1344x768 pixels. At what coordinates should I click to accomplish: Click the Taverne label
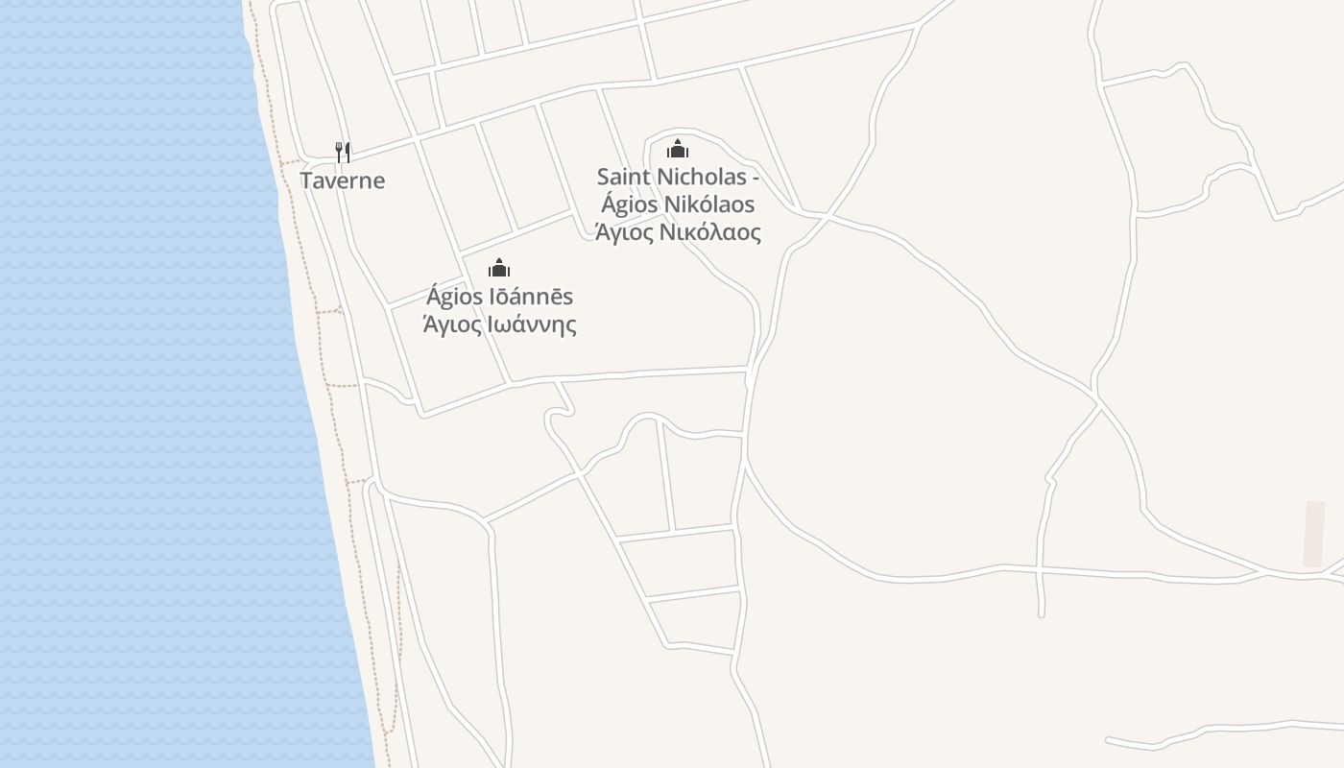(343, 180)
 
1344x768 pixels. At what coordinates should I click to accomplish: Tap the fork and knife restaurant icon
(343, 152)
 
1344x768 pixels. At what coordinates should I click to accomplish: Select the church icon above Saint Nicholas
(679, 149)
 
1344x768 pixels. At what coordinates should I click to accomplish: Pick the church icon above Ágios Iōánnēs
(499, 268)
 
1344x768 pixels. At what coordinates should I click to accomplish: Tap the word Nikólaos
(709, 204)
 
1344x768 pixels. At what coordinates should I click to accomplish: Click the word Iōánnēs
(532, 297)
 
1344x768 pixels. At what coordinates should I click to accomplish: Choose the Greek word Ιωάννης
(533, 324)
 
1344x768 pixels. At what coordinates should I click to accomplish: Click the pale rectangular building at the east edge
(1313, 534)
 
